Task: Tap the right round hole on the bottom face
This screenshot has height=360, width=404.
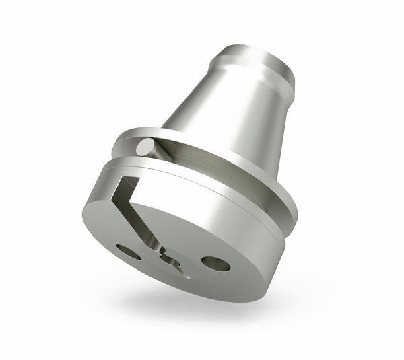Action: [x=215, y=263]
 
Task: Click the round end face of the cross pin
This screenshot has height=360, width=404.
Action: [x=143, y=146]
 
